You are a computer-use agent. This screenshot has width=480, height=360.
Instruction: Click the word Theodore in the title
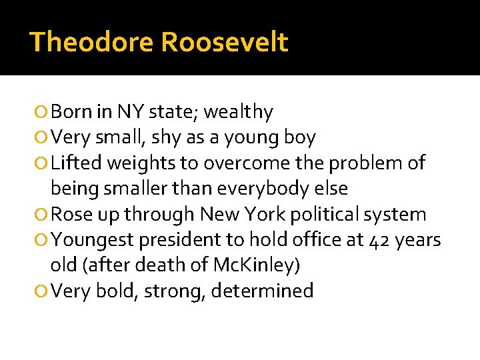[91, 42]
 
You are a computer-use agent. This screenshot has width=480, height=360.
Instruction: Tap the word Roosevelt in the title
[225, 42]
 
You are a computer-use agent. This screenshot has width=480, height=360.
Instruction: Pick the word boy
[300, 138]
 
